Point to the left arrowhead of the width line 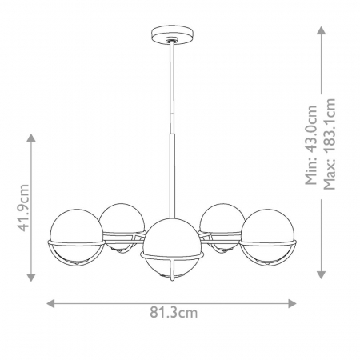tap(50, 304)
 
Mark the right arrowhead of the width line tap(294, 304)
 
